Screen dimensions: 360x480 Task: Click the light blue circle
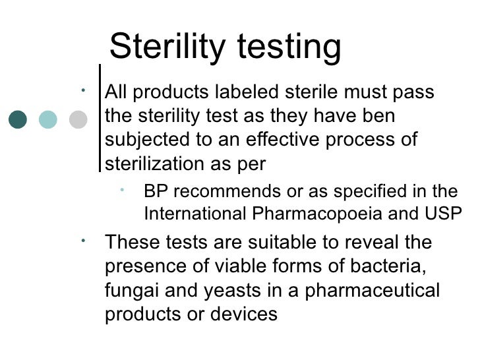(x=48, y=119)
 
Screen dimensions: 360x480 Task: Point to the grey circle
(x=78, y=119)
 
